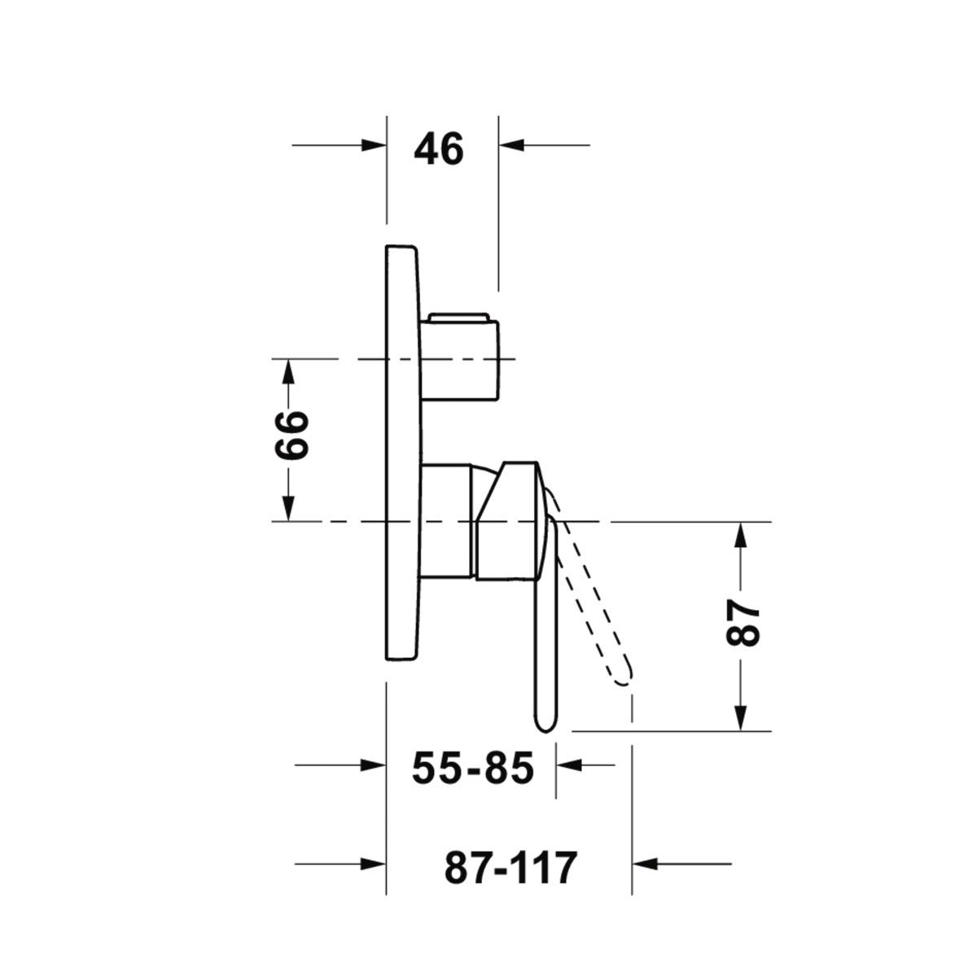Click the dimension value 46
(x=439, y=148)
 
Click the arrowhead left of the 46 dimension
(x=374, y=146)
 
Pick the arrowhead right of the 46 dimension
(x=511, y=146)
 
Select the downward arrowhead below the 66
(x=288, y=508)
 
